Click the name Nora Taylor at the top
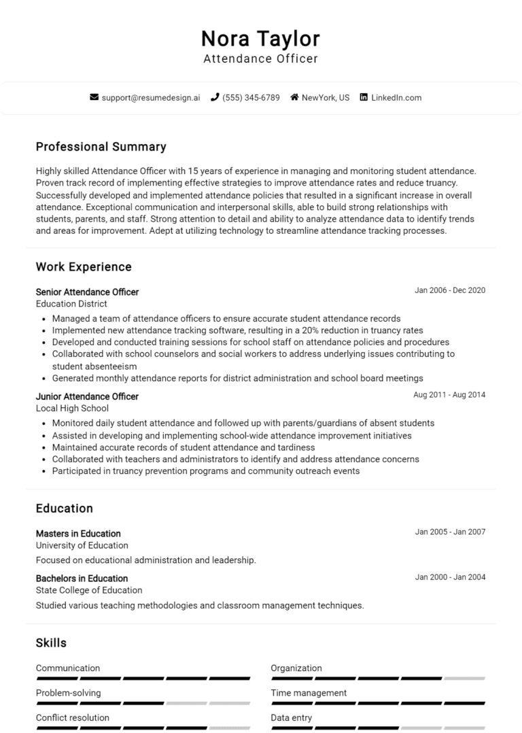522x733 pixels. click(260, 38)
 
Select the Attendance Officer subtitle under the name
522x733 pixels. click(260, 59)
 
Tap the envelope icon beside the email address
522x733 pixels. click(94, 97)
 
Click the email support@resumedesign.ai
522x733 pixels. click(151, 97)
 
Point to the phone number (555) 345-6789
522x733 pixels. click(250, 97)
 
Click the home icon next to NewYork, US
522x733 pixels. click(294, 97)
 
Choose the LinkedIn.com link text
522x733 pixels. click(396, 97)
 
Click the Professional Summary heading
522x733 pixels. click(101, 147)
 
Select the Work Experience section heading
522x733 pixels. click(84, 267)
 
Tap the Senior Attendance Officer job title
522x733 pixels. click(87, 292)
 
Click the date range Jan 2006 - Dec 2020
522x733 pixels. click(450, 290)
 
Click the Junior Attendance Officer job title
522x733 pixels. click(87, 396)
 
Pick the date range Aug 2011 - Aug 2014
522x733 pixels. click(449, 395)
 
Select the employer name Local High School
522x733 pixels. click(72, 409)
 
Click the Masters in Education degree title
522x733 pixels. click(78, 534)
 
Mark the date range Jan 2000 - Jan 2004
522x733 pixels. click(450, 577)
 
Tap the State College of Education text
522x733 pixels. click(89, 590)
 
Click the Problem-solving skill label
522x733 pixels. click(68, 693)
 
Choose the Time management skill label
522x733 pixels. click(309, 693)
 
